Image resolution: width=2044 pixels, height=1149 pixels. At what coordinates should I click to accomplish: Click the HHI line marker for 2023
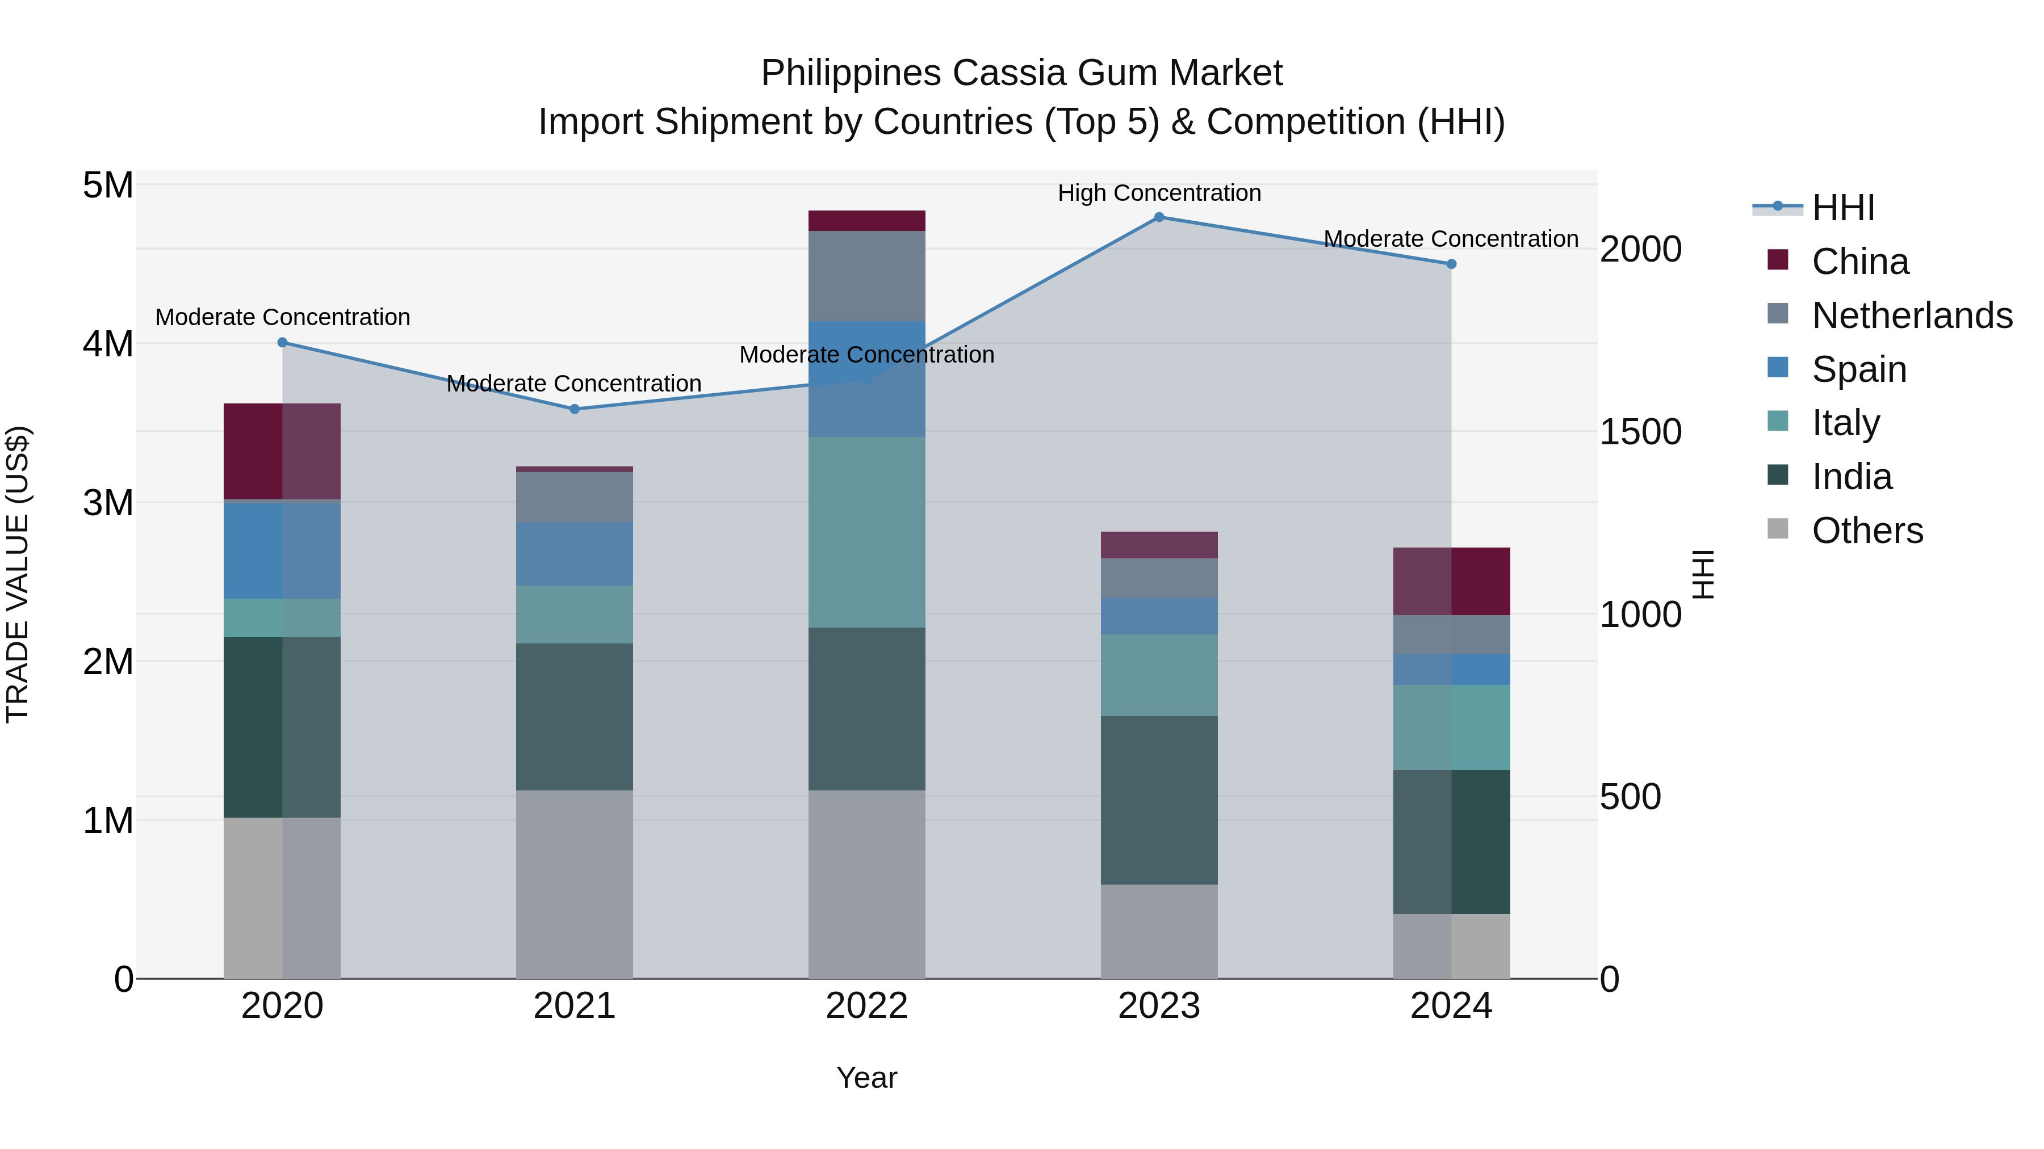tap(1159, 217)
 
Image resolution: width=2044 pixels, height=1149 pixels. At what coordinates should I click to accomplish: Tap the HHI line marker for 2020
tap(283, 343)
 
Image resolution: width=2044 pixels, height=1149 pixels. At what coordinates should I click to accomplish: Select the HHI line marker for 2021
tap(575, 409)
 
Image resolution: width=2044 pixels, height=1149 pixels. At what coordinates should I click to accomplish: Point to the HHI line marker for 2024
tap(1451, 264)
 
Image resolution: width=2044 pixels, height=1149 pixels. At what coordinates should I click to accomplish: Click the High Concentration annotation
tap(1159, 193)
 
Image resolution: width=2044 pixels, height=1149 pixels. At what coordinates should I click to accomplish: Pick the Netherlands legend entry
tap(1911, 315)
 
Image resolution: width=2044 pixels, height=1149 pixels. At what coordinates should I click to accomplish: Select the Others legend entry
tap(1867, 531)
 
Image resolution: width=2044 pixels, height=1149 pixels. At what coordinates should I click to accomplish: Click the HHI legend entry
tap(1842, 208)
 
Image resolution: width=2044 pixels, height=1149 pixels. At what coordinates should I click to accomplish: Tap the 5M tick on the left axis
tap(108, 186)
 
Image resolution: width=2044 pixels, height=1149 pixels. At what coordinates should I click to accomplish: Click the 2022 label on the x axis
tap(866, 1006)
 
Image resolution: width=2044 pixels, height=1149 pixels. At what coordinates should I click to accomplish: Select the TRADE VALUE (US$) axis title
tap(18, 574)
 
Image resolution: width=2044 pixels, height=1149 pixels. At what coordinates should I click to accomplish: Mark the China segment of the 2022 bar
tap(866, 221)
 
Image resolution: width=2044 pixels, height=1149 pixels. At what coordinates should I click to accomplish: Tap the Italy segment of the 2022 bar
tap(866, 532)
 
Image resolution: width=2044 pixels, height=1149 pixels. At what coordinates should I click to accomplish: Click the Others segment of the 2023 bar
tap(1159, 932)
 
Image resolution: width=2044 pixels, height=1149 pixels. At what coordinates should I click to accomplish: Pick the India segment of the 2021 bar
tap(575, 717)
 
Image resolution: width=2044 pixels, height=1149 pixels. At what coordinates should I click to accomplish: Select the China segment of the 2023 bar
tap(1159, 545)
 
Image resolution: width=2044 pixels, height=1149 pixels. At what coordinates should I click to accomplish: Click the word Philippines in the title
tap(852, 74)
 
